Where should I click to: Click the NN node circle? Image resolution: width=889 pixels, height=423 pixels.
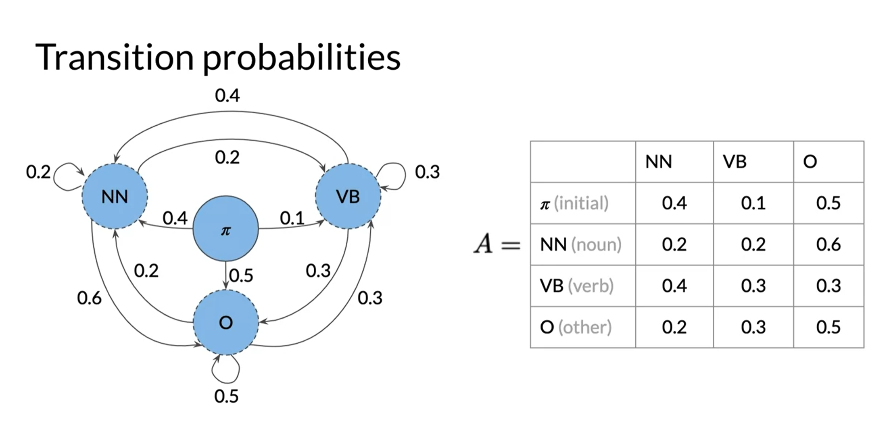click(115, 196)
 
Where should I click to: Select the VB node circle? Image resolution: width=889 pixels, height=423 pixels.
click(348, 196)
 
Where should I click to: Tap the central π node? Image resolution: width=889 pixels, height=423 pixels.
click(225, 229)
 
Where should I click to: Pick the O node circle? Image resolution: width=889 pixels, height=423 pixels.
click(225, 322)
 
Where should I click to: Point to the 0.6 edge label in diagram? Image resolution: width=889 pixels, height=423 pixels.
click(89, 298)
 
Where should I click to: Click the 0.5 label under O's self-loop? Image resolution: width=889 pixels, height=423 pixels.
click(226, 396)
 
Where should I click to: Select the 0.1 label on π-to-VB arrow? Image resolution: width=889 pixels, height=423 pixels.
click(292, 218)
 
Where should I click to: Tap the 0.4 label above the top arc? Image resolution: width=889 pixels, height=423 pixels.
click(227, 95)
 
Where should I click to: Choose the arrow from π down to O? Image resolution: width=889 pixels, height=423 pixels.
click(226, 276)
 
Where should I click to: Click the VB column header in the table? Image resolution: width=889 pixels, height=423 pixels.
click(735, 162)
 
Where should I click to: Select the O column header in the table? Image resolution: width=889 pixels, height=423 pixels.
click(810, 162)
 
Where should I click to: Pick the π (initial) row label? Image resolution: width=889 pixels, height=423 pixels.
click(574, 203)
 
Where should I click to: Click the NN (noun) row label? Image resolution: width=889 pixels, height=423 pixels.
click(580, 245)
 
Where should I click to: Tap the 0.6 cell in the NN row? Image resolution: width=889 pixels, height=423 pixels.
click(828, 245)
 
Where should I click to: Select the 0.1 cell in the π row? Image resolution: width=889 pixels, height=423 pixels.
click(753, 203)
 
